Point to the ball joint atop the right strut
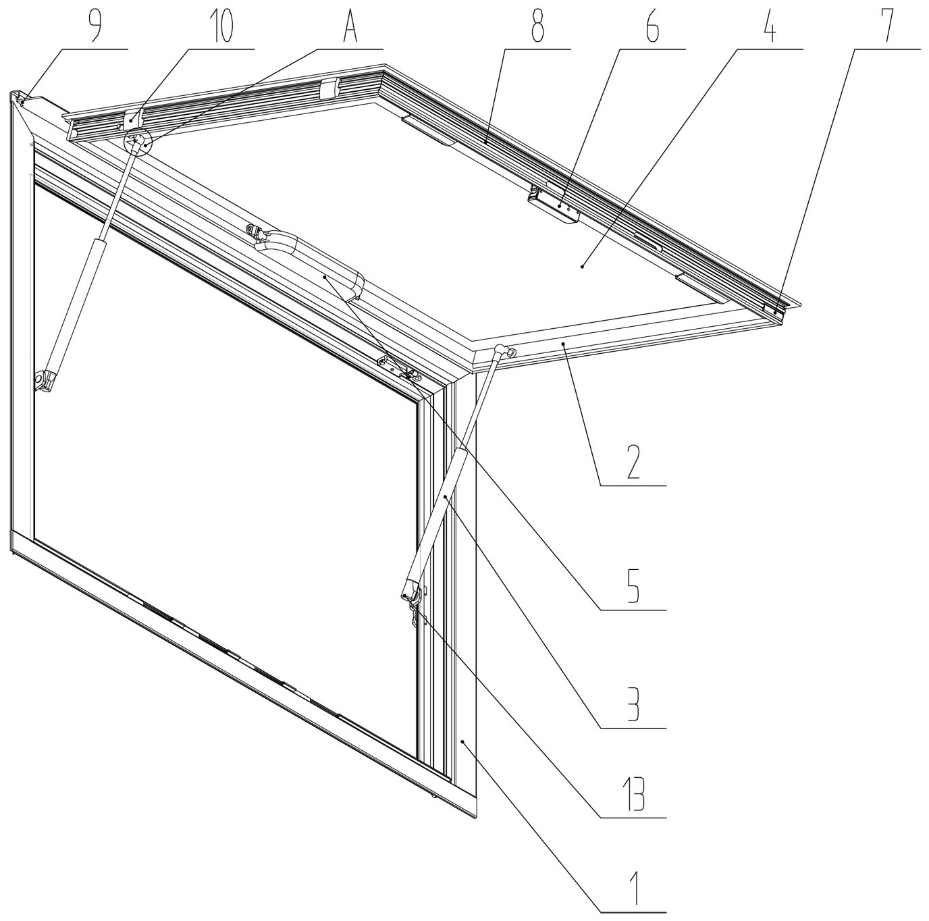(502, 351)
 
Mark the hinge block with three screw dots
(554, 205)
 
